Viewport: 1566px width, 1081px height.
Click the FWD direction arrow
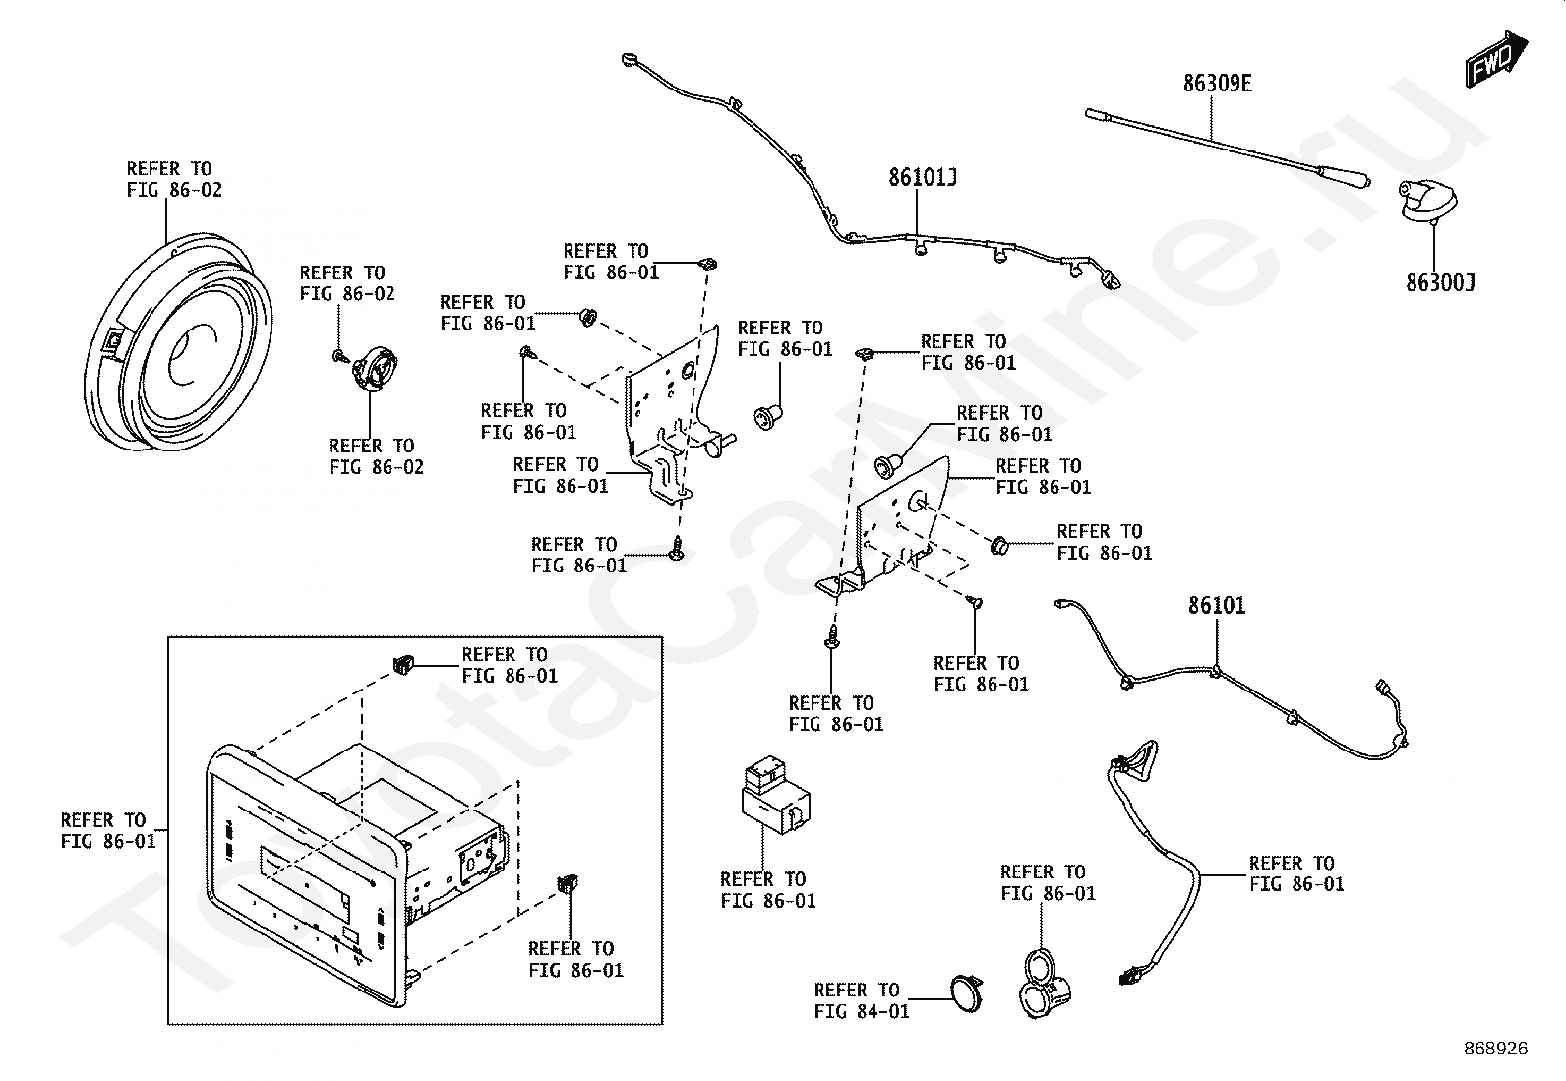(x=1495, y=60)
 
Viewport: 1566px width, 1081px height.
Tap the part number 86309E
(x=1217, y=84)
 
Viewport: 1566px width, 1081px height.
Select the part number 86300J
(x=1440, y=282)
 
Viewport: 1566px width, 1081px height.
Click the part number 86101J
(x=922, y=178)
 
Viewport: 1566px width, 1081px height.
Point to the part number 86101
(x=1217, y=605)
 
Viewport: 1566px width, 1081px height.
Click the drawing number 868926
(x=1496, y=1049)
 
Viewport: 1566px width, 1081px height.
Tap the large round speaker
(x=178, y=342)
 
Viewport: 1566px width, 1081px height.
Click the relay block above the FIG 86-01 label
(x=774, y=794)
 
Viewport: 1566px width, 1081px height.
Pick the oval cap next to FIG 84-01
(x=966, y=992)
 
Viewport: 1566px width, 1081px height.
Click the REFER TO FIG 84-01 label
(x=862, y=1000)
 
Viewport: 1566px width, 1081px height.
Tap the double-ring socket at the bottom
(x=1045, y=984)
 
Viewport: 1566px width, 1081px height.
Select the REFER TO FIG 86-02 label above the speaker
(x=174, y=179)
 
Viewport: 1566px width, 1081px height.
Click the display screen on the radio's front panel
(x=306, y=883)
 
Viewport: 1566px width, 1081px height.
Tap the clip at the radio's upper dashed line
(x=403, y=664)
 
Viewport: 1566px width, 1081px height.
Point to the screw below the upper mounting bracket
(x=677, y=548)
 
